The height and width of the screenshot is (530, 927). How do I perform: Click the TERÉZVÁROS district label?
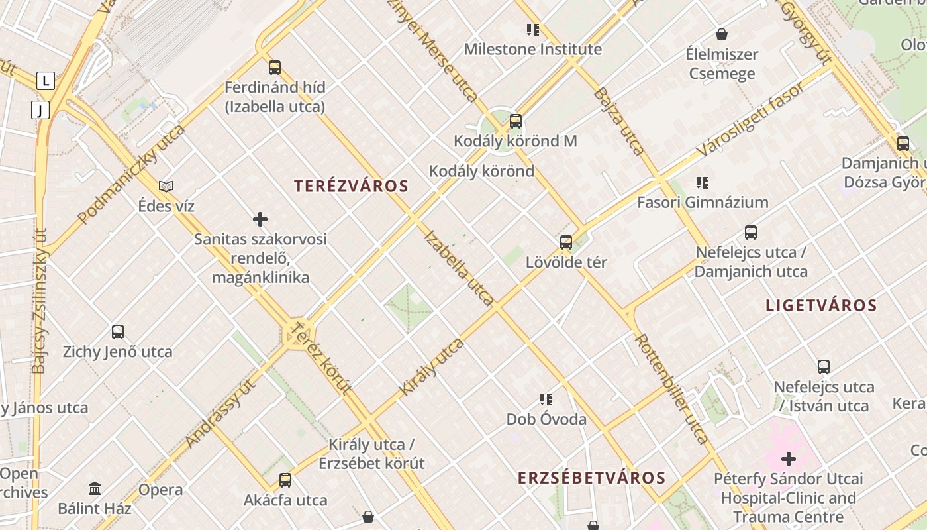click(x=351, y=186)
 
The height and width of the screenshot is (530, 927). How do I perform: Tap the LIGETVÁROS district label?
click(x=821, y=305)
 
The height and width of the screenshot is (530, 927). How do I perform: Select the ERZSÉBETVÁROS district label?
click(x=591, y=478)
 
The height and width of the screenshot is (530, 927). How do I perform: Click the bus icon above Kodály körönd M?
click(x=516, y=121)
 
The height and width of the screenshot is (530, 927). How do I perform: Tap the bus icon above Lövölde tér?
click(x=566, y=242)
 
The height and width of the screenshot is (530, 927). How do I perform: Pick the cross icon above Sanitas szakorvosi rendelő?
click(x=260, y=219)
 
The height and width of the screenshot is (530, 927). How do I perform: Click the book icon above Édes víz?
click(x=166, y=186)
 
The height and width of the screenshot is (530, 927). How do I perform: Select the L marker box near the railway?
click(x=45, y=81)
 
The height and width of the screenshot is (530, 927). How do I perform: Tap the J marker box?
click(x=40, y=110)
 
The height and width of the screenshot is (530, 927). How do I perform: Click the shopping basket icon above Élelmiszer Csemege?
click(x=722, y=34)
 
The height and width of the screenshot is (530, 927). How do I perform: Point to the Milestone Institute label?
click(x=532, y=49)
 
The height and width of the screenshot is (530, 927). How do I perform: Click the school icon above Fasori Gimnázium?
click(x=703, y=182)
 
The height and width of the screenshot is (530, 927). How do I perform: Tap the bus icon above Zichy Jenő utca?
click(x=118, y=331)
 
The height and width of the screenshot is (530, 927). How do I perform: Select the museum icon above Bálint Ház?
click(x=95, y=488)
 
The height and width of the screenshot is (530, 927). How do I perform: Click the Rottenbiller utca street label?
click(x=671, y=388)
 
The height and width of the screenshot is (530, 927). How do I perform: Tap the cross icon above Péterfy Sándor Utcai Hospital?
click(x=788, y=458)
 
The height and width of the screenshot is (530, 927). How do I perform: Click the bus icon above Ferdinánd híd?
click(x=275, y=67)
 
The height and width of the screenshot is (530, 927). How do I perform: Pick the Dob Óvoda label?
click(x=546, y=419)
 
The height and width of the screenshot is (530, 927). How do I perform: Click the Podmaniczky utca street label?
click(x=131, y=174)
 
